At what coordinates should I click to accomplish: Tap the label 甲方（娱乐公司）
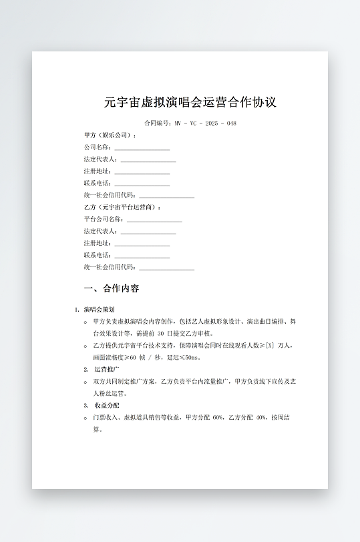click(110, 135)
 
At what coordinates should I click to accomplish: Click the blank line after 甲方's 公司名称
click(142, 148)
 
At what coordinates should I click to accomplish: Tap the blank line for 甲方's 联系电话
click(142, 184)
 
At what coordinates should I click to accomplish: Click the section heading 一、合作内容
click(111, 289)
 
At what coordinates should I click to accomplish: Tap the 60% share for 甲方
click(218, 417)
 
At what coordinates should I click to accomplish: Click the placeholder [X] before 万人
click(270, 346)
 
